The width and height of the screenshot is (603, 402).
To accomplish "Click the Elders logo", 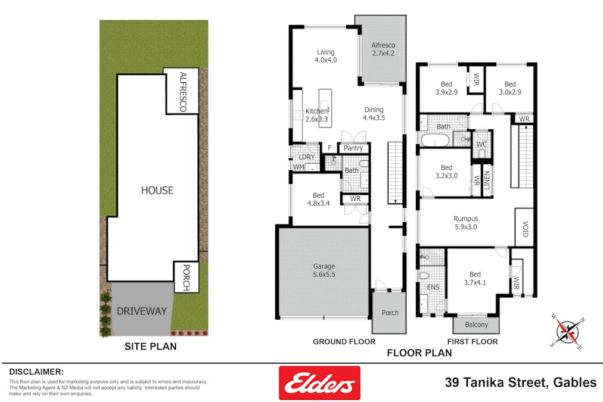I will [x=319, y=383].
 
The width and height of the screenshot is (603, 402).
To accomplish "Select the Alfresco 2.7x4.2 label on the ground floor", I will [x=383, y=49].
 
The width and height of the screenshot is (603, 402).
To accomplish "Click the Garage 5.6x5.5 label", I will [x=324, y=270].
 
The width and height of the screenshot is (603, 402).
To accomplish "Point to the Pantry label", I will [x=353, y=148].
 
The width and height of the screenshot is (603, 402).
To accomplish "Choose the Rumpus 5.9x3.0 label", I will [x=465, y=222].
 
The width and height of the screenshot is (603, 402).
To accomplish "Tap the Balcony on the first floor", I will [x=476, y=325].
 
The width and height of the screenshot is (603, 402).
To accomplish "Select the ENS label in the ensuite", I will [x=433, y=287].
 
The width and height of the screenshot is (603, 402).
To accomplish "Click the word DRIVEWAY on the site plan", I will [x=142, y=311].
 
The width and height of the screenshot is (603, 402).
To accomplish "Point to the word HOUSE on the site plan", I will [x=157, y=191].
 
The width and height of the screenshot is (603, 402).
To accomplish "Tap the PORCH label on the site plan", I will [x=185, y=278].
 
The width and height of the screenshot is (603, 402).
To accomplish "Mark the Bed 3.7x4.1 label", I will [x=474, y=279].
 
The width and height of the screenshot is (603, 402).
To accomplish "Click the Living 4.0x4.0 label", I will [x=325, y=56].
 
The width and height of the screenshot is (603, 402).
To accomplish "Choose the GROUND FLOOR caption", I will [x=344, y=342].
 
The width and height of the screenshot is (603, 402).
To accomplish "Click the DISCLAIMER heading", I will [x=36, y=371].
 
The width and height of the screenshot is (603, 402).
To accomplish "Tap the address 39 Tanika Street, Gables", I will [x=521, y=382].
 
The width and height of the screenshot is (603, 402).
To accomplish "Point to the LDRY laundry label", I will [x=306, y=157].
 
